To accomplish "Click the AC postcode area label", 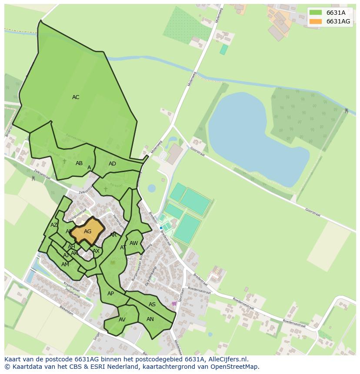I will (76, 97).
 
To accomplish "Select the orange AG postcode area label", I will (87, 232).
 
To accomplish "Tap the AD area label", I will (112, 164).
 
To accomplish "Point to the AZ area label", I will (54, 225).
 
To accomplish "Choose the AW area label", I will (133, 243).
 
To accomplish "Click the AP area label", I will (110, 294).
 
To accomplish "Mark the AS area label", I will (152, 304).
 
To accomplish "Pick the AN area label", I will (150, 319).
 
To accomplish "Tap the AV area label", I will (122, 320).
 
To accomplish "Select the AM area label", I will (65, 265).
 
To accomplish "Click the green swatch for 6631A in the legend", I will (316, 13).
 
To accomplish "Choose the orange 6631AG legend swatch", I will (316, 21).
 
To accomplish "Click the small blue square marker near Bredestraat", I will (161, 228).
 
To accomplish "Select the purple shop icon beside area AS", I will (174, 304).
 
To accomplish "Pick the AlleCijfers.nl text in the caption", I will (227, 359).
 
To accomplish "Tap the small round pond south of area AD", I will (152, 189).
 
